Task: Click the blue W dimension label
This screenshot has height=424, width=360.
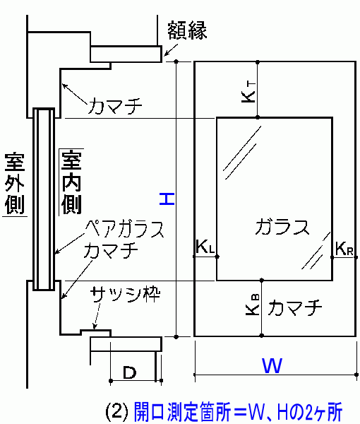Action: [x=272, y=365]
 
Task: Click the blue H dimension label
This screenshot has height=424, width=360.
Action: [x=167, y=199]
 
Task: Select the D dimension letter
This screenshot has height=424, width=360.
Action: [x=130, y=372]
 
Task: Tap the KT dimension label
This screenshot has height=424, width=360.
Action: [x=248, y=93]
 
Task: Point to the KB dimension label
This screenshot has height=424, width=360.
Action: [x=253, y=305]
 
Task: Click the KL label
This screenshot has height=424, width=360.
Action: [x=205, y=247]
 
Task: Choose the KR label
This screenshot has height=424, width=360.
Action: [x=344, y=248]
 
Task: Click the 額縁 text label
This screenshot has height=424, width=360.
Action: [x=187, y=30]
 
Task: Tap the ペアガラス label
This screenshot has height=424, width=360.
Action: [x=124, y=229]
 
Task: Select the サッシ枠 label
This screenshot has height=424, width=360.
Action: [x=126, y=294]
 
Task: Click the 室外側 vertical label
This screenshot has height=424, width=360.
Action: [x=15, y=183]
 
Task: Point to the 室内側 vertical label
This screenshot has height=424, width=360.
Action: [x=71, y=182]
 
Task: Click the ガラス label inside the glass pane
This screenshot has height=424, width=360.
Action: [x=282, y=226]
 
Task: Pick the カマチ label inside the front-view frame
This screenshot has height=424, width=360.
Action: [x=295, y=307]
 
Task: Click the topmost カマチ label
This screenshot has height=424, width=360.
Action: [x=114, y=106]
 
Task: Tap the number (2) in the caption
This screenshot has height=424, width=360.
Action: [x=116, y=411]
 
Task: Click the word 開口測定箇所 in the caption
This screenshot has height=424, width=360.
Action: [x=183, y=412]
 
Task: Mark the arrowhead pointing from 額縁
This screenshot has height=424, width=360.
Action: [x=165, y=54]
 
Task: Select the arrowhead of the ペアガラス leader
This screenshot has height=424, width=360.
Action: [x=56, y=252]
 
